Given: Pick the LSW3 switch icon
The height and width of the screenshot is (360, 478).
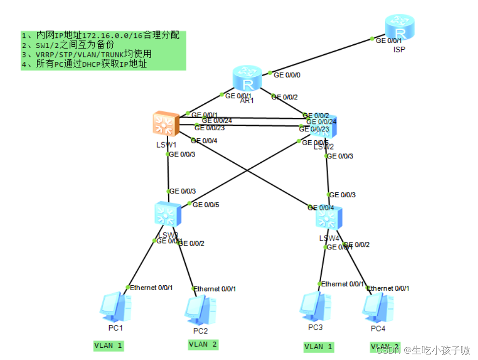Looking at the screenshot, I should point(167,214).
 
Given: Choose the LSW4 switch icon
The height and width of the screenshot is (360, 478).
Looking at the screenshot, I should point(329,218).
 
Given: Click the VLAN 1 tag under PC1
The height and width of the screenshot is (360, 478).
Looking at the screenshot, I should point(108,346).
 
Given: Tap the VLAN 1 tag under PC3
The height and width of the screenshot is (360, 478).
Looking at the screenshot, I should point(318,347).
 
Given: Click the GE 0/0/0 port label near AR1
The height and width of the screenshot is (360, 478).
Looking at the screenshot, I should point(287,75).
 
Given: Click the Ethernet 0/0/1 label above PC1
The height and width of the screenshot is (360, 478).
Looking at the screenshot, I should point(151,287).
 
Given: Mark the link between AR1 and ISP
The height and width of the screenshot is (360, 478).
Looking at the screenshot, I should point(320,57).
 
